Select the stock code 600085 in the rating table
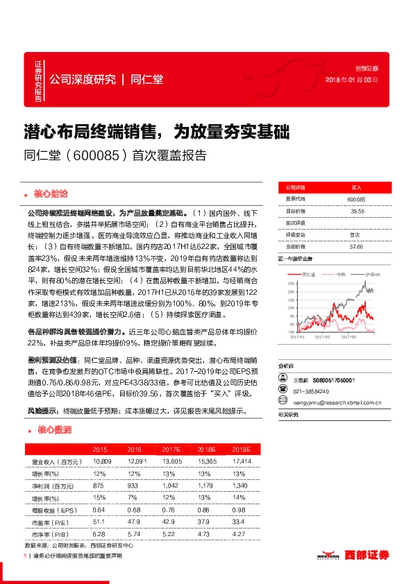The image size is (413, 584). click(x=357, y=199)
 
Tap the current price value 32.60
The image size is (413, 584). click(x=357, y=246)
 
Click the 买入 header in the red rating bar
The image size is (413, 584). click(x=357, y=187)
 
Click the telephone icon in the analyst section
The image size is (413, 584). click(x=282, y=390)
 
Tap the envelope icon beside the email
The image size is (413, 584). click(x=282, y=401)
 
